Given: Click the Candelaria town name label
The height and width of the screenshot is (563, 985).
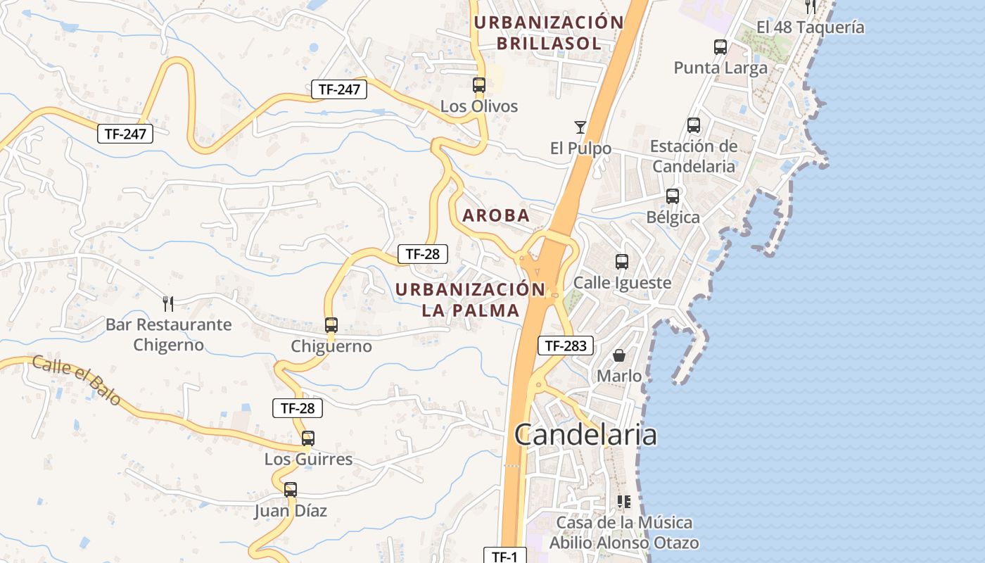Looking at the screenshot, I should pyautogui.click(x=585, y=434).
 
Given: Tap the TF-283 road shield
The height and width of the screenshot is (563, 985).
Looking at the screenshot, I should pyautogui.click(x=566, y=346).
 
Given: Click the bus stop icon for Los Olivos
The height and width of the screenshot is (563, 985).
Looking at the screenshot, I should pyautogui.click(x=479, y=85).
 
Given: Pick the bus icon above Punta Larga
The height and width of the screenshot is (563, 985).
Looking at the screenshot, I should pyautogui.click(x=720, y=47).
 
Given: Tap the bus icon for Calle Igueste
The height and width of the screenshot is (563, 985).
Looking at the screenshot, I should pyautogui.click(x=622, y=262).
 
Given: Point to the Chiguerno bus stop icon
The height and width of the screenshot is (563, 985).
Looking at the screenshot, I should pyautogui.click(x=331, y=325).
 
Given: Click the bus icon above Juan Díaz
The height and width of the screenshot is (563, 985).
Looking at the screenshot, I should pyautogui.click(x=291, y=489).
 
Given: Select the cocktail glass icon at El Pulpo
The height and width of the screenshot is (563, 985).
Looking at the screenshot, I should pyautogui.click(x=580, y=127).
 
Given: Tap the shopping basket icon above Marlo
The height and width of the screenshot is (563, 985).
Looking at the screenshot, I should pyautogui.click(x=619, y=355).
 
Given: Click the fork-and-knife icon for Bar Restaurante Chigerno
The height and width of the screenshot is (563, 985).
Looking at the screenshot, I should pyautogui.click(x=168, y=303).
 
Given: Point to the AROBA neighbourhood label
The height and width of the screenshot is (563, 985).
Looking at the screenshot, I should pyautogui.click(x=496, y=215).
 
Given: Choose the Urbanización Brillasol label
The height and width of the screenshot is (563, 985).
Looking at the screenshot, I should pyautogui.click(x=549, y=32).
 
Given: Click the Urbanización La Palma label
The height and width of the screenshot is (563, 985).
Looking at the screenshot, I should pyautogui.click(x=470, y=299).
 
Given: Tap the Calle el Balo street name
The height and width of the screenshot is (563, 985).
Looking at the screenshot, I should pyautogui.click(x=76, y=381).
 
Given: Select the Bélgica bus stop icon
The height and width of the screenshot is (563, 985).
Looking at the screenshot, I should pyautogui.click(x=673, y=196).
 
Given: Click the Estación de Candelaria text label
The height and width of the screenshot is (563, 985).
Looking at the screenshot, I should pyautogui.click(x=694, y=156).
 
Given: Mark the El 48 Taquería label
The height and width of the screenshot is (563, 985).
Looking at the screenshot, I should pyautogui.click(x=810, y=27).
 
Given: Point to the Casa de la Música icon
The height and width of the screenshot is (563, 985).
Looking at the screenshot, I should pyautogui.click(x=623, y=502).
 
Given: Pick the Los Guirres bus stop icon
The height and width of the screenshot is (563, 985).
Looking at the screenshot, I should pyautogui.click(x=308, y=438).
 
